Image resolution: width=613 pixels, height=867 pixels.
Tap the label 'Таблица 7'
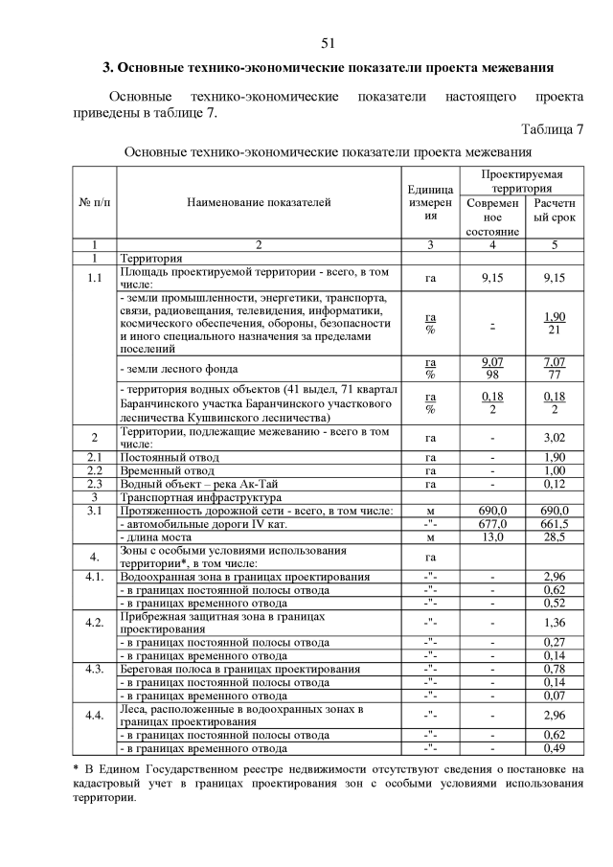[x=552, y=129]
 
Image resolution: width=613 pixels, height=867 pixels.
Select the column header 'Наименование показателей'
[x=259, y=202]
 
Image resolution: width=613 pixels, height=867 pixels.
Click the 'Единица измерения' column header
[x=430, y=203]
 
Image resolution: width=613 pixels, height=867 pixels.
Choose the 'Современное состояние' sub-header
[x=492, y=217]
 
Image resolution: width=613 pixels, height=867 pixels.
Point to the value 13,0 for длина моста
[x=492, y=537]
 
